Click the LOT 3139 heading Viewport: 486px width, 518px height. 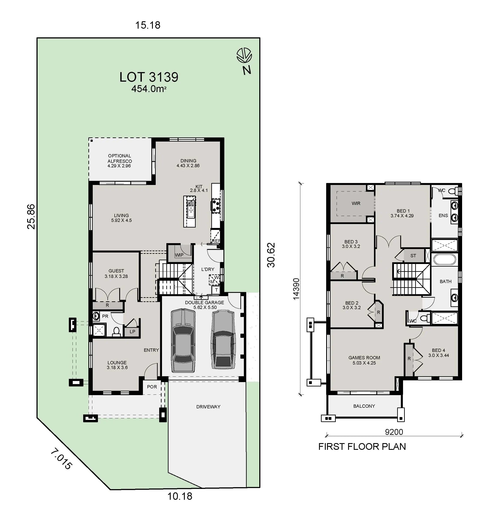pyautogui.click(x=149, y=77)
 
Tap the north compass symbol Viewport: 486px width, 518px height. pyautogui.click(x=244, y=56)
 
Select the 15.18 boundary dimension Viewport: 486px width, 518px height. pyautogui.click(x=147, y=25)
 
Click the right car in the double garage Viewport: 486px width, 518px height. pyautogui.click(x=224, y=340)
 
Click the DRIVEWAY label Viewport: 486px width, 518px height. pyautogui.click(x=208, y=407)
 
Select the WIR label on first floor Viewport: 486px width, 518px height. pyautogui.click(x=356, y=203)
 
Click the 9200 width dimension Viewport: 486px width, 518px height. pyautogui.click(x=394, y=432)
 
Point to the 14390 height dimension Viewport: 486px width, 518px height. pyautogui.click(x=296, y=289)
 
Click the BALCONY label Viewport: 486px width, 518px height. pyautogui.click(x=364, y=406)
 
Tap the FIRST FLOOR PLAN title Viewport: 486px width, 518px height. pyautogui.click(x=362, y=447)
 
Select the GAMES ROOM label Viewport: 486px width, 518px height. pyautogui.click(x=364, y=360)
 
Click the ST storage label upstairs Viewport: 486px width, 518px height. pyautogui.click(x=413, y=256)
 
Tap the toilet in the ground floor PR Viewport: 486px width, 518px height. pyautogui.click(x=116, y=332)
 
